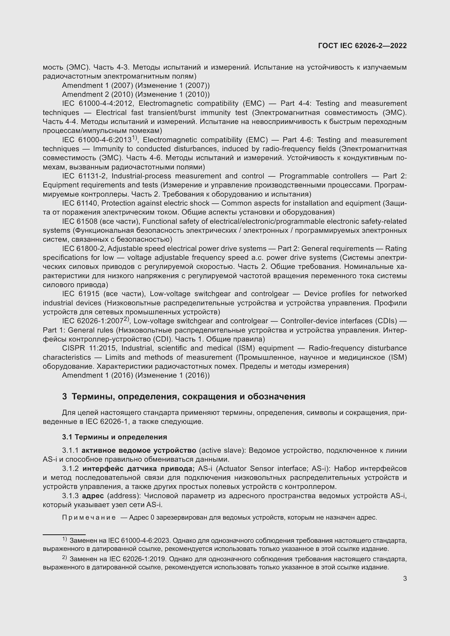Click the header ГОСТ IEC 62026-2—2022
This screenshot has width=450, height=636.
pyautogui.click(x=362, y=46)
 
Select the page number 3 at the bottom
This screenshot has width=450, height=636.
pyautogui.click(x=405, y=578)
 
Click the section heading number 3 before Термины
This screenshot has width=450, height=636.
pyautogui.click(x=64, y=396)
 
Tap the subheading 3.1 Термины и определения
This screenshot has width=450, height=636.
pyautogui.click(x=115, y=437)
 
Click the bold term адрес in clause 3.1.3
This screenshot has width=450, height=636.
pyautogui.click(x=93, y=496)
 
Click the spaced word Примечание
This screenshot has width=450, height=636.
pyautogui.click(x=89, y=517)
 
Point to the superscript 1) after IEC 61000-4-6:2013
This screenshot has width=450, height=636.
pyautogui.click(x=134, y=137)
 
